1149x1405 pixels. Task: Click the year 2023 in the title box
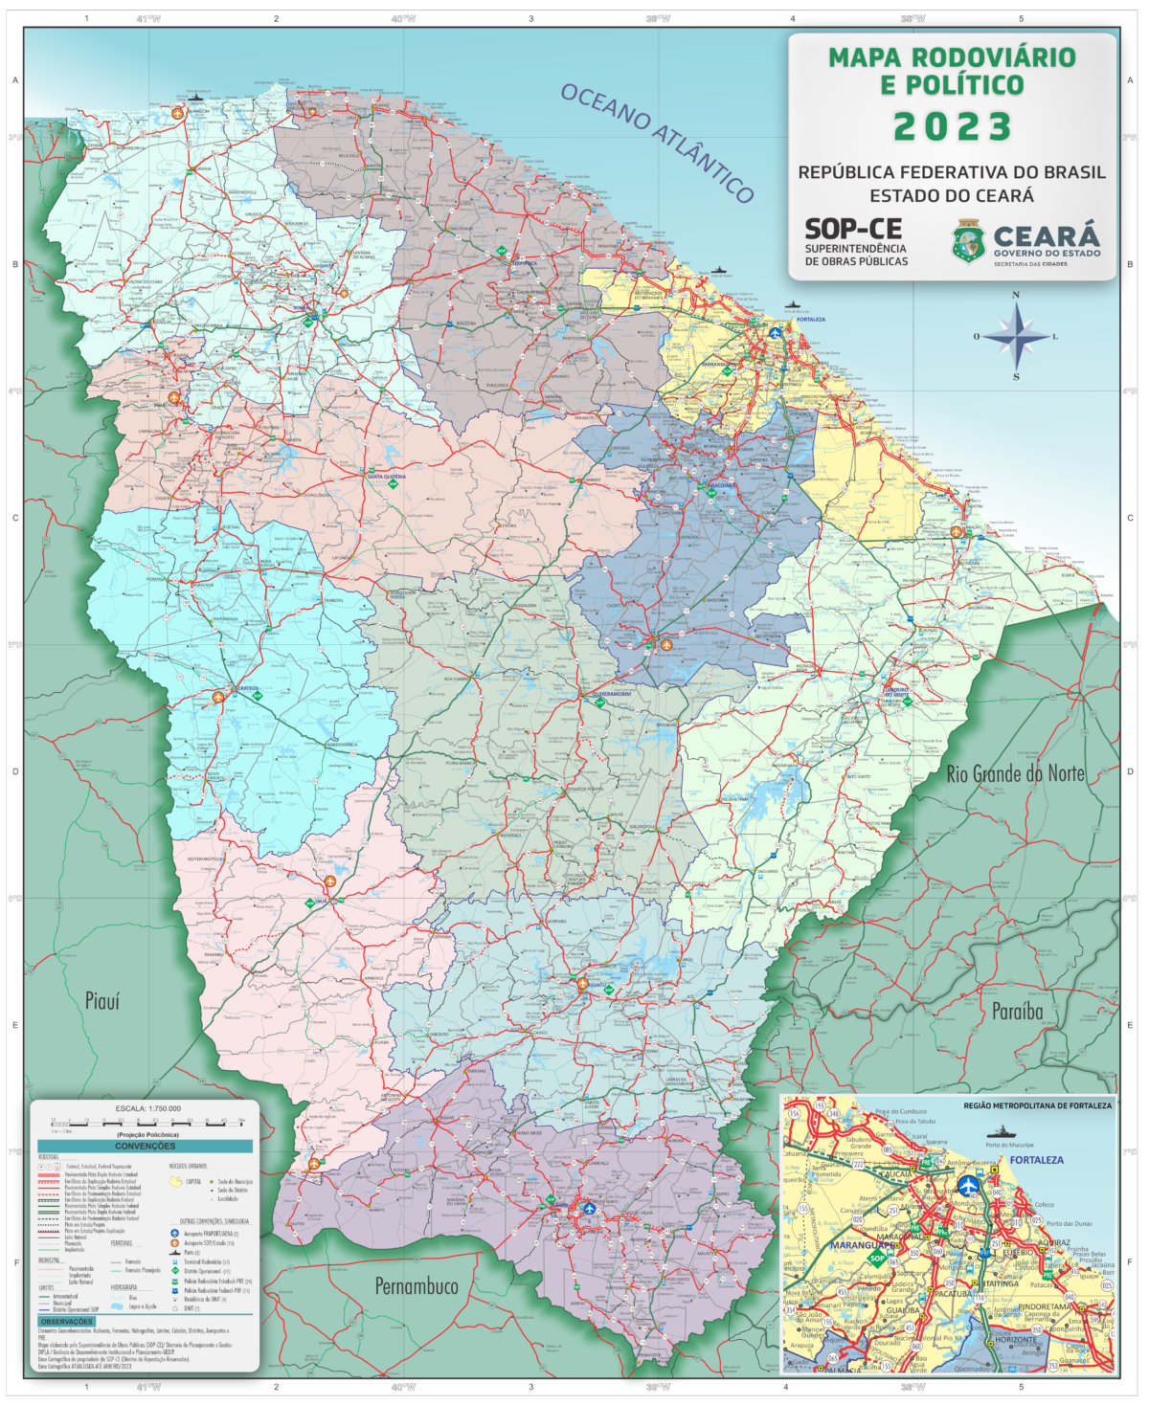(952, 126)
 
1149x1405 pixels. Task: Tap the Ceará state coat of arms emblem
(968, 241)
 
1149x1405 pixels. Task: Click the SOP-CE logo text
(852, 229)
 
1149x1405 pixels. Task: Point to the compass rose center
(1016, 336)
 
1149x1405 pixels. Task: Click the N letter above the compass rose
(1016, 296)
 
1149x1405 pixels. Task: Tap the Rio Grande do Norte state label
(1015, 773)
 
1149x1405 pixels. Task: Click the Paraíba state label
(1017, 1011)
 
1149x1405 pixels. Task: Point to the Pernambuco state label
(416, 1285)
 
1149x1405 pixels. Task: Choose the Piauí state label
(102, 1001)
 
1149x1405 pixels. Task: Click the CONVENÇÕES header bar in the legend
(145, 1146)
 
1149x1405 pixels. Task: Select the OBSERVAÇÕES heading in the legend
(66, 1322)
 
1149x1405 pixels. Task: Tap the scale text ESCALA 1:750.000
(147, 1108)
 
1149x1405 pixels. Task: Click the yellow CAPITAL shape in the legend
(176, 1182)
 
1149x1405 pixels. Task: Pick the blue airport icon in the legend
(174, 1234)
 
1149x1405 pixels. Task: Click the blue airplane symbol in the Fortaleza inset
(970, 1185)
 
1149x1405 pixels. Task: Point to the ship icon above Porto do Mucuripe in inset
(1004, 1131)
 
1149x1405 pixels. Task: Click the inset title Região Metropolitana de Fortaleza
(1037, 1105)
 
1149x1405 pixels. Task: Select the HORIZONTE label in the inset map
(1016, 1340)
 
